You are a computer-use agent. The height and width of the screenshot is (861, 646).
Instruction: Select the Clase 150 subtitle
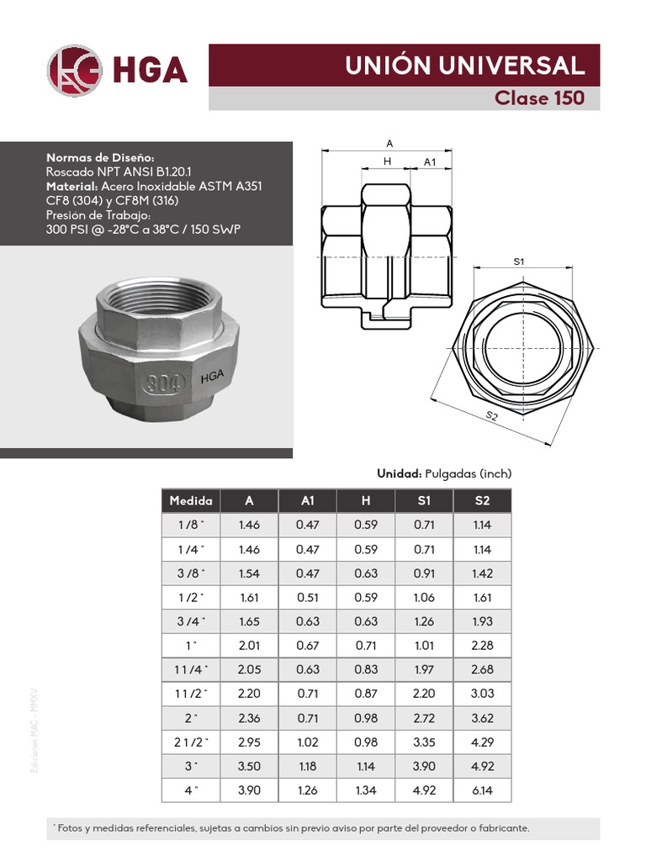(538, 98)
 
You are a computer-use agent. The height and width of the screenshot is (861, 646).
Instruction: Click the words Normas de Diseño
(100, 157)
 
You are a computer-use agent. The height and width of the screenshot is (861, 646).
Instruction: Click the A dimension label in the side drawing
(389, 144)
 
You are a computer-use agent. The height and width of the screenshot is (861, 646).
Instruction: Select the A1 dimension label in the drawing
(430, 161)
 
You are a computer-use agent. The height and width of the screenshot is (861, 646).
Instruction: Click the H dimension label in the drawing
(388, 161)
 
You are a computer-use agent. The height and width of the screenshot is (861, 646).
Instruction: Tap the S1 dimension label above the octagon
(519, 262)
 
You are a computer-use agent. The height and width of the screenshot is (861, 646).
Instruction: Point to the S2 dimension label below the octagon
(493, 416)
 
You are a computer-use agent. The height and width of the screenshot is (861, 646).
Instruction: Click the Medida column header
(191, 500)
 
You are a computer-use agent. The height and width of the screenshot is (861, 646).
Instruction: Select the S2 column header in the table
(482, 500)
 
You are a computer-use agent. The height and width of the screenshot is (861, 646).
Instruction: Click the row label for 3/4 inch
(191, 622)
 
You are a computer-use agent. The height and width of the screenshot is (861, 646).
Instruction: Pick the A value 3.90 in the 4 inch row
(249, 790)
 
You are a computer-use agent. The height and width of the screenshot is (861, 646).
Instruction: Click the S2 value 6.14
(482, 790)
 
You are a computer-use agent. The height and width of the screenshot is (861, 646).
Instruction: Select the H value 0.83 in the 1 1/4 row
(366, 670)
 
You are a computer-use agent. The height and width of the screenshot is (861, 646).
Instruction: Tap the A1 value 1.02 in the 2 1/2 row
(308, 742)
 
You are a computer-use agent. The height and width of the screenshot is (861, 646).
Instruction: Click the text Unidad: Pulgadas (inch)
(443, 473)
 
